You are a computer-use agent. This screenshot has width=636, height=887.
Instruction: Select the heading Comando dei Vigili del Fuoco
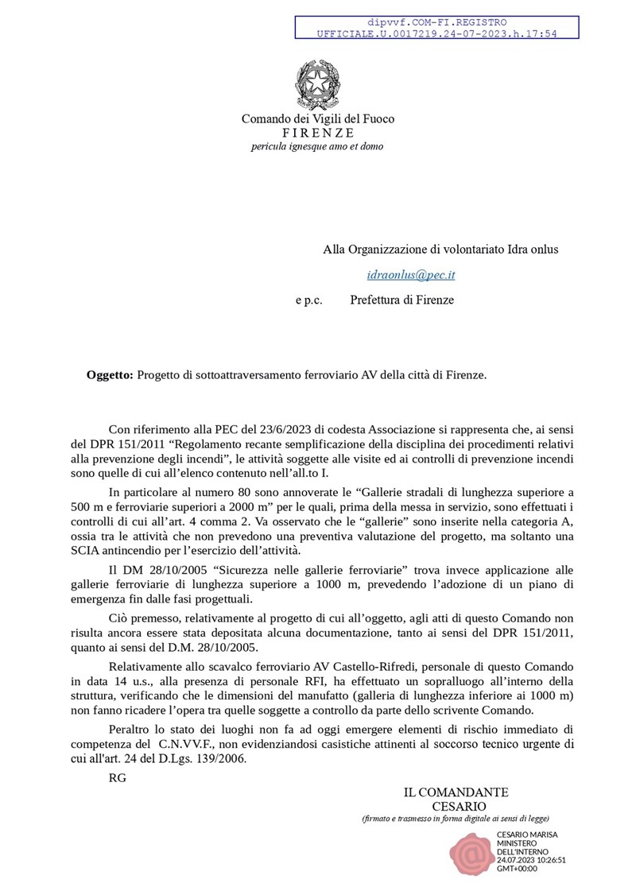point(317,118)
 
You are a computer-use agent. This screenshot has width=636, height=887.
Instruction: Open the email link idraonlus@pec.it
point(411,275)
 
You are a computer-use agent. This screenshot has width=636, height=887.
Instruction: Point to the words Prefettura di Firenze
point(401,300)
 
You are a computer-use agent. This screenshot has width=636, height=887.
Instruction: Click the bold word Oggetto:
point(110,374)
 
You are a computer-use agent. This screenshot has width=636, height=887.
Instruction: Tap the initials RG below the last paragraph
point(117,777)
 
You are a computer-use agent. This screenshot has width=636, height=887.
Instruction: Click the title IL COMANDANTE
point(456,792)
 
